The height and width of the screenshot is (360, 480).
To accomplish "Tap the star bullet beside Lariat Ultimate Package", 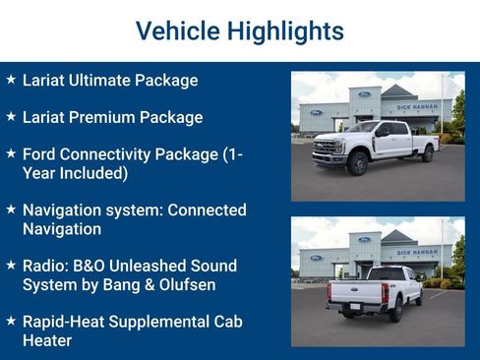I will point(11,80).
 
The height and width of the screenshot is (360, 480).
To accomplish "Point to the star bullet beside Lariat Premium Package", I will point(11,116).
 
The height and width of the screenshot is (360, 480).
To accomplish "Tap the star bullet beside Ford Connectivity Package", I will point(11,153).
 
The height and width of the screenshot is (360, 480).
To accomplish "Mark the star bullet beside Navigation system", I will point(11,210).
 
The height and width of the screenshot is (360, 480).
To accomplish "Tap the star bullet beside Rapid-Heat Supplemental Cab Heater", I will point(11,322).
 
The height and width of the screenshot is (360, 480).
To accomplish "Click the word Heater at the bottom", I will point(47,341).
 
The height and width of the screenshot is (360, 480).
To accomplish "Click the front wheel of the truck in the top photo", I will point(358,164).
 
